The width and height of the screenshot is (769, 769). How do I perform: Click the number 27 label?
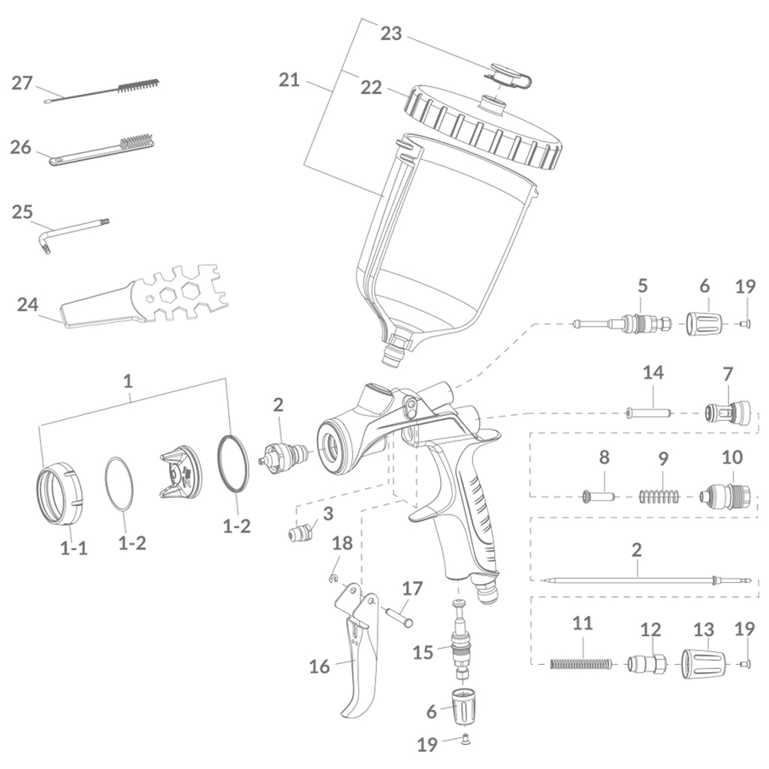(x=22, y=83)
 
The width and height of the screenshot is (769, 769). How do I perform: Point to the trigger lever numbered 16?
(x=359, y=661)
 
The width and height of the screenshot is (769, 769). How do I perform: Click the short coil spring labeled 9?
(x=661, y=496)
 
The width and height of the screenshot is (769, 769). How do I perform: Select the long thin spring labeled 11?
(x=582, y=663)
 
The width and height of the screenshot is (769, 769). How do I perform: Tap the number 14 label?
(x=653, y=372)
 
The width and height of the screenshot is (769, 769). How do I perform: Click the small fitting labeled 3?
(x=302, y=534)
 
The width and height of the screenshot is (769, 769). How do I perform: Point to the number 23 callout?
(x=391, y=34)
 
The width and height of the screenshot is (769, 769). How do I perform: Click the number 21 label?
(x=289, y=80)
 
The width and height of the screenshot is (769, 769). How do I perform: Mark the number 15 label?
(x=423, y=652)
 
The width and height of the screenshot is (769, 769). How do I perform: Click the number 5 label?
(x=643, y=286)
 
